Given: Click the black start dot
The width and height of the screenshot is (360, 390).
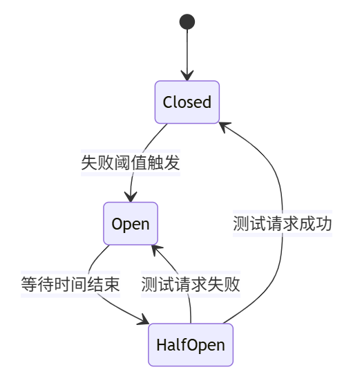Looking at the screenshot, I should click(x=187, y=22).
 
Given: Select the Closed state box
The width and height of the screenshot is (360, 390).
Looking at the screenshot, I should click(x=187, y=102).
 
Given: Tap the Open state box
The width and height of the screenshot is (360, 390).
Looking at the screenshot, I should click(x=131, y=223).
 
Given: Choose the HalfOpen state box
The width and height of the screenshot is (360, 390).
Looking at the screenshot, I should click(x=191, y=344).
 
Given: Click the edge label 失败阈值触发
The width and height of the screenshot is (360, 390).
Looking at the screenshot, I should click(x=131, y=163).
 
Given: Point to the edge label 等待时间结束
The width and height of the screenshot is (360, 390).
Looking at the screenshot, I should click(x=70, y=284).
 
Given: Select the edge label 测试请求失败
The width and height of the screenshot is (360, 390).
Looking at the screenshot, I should click(x=191, y=284).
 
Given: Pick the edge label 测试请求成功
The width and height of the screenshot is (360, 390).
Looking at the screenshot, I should click(x=283, y=224).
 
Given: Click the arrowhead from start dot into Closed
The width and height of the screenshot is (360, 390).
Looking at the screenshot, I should click(x=187, y=77).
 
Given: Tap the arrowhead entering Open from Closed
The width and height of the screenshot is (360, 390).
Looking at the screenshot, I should click(x=131, y=198).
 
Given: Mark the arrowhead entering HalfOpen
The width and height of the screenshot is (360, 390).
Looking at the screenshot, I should click(x=144, y=322).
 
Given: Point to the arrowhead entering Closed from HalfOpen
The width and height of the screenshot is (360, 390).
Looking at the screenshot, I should click(x=224, y=126).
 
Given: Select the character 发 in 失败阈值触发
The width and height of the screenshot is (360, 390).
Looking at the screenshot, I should click(x=172, y=163).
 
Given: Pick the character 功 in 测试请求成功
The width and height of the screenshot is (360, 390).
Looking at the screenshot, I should click(x=324, y=224).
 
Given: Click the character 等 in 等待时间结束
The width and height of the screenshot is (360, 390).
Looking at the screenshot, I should click(x=29, y=284).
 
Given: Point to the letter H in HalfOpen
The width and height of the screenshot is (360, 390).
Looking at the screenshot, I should click(x=162, y=344).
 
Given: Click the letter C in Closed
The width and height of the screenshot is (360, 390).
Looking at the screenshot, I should click(x=168, y=102).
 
